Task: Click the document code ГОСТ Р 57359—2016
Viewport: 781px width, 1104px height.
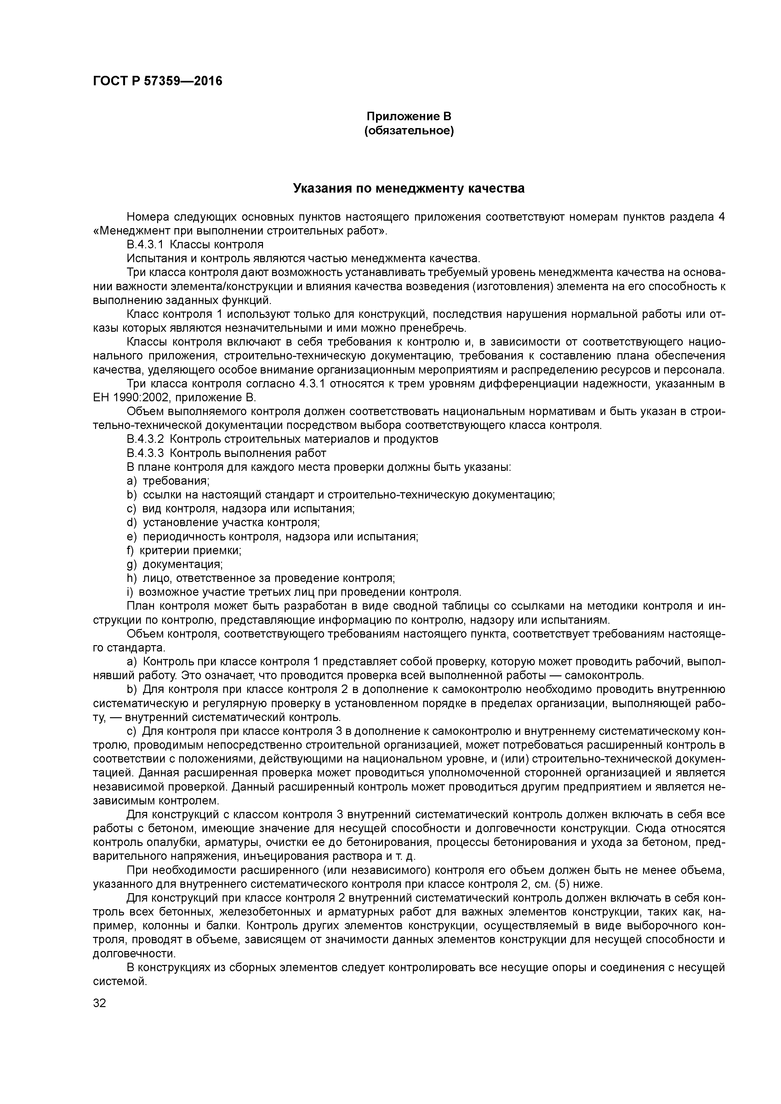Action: (x=157, y=81)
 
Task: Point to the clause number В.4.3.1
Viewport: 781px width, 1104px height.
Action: (x=145, y=245)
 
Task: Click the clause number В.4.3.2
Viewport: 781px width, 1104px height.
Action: (x=145, y=439)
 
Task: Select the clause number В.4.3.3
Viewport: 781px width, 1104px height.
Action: (x=145, y=453)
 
